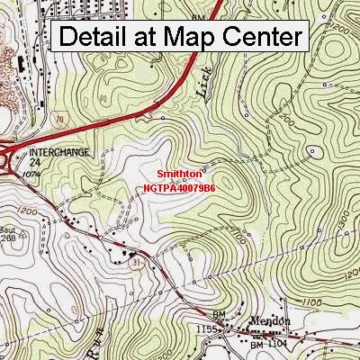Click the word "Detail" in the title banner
coord(99,38)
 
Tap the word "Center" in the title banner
coord(265,38)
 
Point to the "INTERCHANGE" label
coord(58,152)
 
